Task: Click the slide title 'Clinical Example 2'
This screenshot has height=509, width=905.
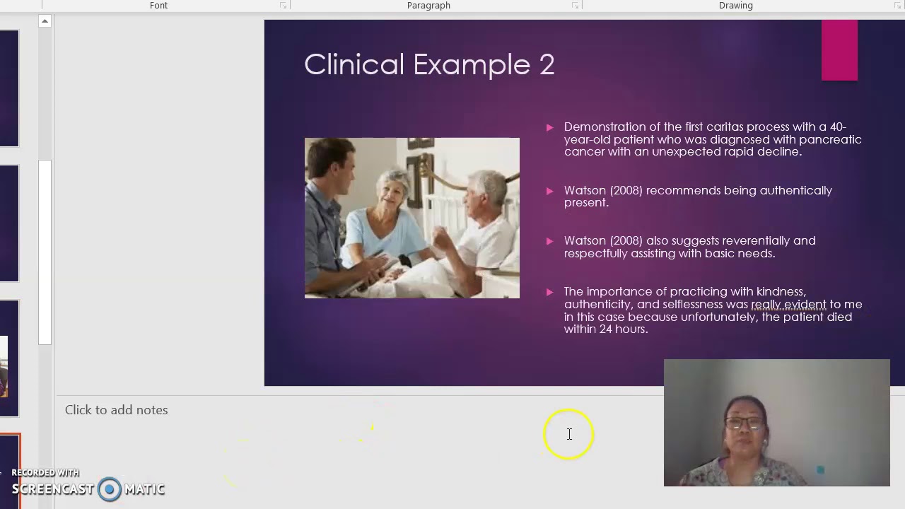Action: click(x=429, y=64)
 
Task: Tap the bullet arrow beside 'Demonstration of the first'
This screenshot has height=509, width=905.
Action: click(x=549, y=128)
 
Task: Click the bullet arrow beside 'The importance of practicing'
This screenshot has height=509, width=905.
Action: click(x=549, y=292)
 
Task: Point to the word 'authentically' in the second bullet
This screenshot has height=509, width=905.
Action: click(x=796, y=190)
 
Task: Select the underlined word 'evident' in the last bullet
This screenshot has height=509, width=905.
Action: click(x=805, y=305)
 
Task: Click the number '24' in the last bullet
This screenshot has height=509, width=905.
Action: click(x=607, y=329)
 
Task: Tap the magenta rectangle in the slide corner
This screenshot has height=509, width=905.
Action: click(x=839, y=50)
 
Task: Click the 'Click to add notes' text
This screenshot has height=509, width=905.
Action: click(x=116, y=410)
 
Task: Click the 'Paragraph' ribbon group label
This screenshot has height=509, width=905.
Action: click(x=428, y=6)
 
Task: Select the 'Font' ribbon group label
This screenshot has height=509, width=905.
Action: click(x=158, y=6)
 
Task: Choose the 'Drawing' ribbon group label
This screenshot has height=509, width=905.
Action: click(x=735, y=6)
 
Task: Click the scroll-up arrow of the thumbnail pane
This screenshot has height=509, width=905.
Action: click(x=45, y=22)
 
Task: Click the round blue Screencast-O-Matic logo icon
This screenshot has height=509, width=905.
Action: click(x=110, y=489)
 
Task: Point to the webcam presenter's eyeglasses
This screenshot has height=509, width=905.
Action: click(x=743, y=423)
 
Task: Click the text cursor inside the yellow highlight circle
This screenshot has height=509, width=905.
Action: click(x=569, y=434)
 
